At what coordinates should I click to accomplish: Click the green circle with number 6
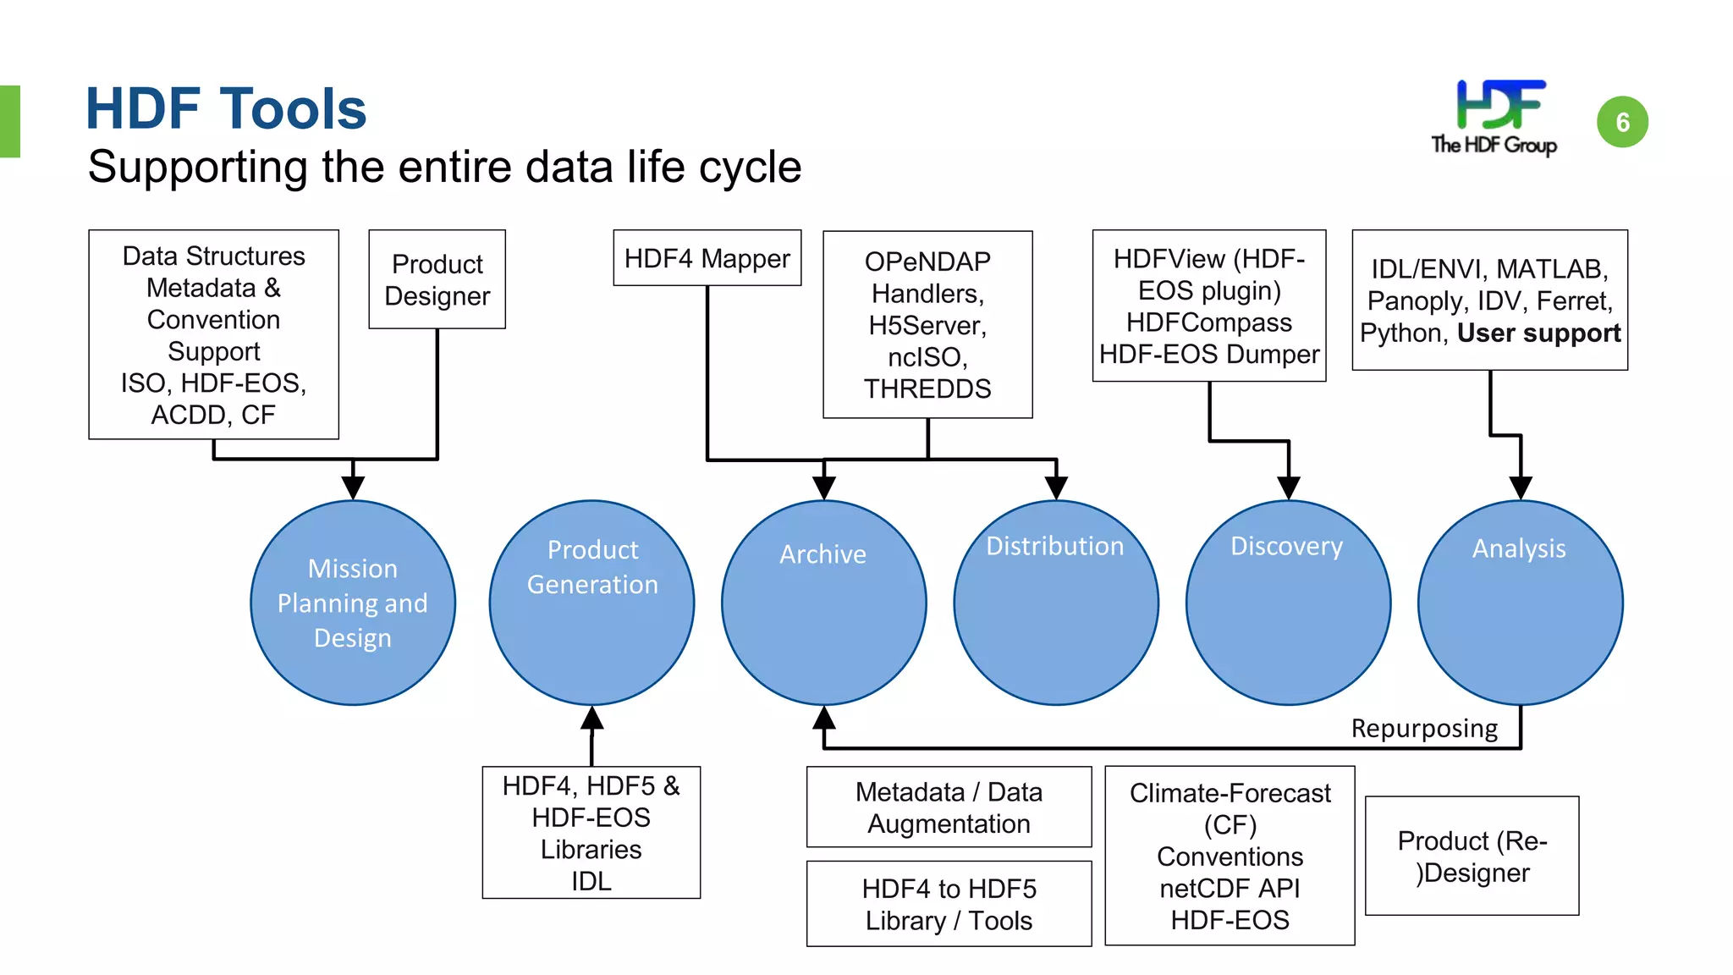click(x=1621, y=122)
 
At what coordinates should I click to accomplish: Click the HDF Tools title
click(x=226, y=109)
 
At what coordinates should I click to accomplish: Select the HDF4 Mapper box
click(x=707, y=258)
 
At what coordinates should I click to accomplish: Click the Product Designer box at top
click(x=437, y=279)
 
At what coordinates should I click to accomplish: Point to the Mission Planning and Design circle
click(x=353, y=603)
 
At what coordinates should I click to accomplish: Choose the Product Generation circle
click(x=591, y=603)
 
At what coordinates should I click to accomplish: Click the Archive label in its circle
click(x=822, y=554)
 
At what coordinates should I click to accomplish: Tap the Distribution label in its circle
click(x=1054, y=546)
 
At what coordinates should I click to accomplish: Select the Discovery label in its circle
click(x=1286, y=546)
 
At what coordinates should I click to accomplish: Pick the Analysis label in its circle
click(x=1519, y=548)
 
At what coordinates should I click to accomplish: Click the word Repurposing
click(x=1424, y=729)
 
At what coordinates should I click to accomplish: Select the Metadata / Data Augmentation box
click(x=949, y=807)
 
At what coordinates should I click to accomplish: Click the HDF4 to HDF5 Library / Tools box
click(x=949, y=904)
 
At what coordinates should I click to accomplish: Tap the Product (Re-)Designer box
click(x=1472, y=856)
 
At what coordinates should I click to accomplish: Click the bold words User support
click(x=1538, y=333)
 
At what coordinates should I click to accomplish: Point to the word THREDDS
click(x=927, y=389)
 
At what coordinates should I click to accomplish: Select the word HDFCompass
click(x=1208, y=322)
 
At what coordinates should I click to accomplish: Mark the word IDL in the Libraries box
click(x=591, y=881)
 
